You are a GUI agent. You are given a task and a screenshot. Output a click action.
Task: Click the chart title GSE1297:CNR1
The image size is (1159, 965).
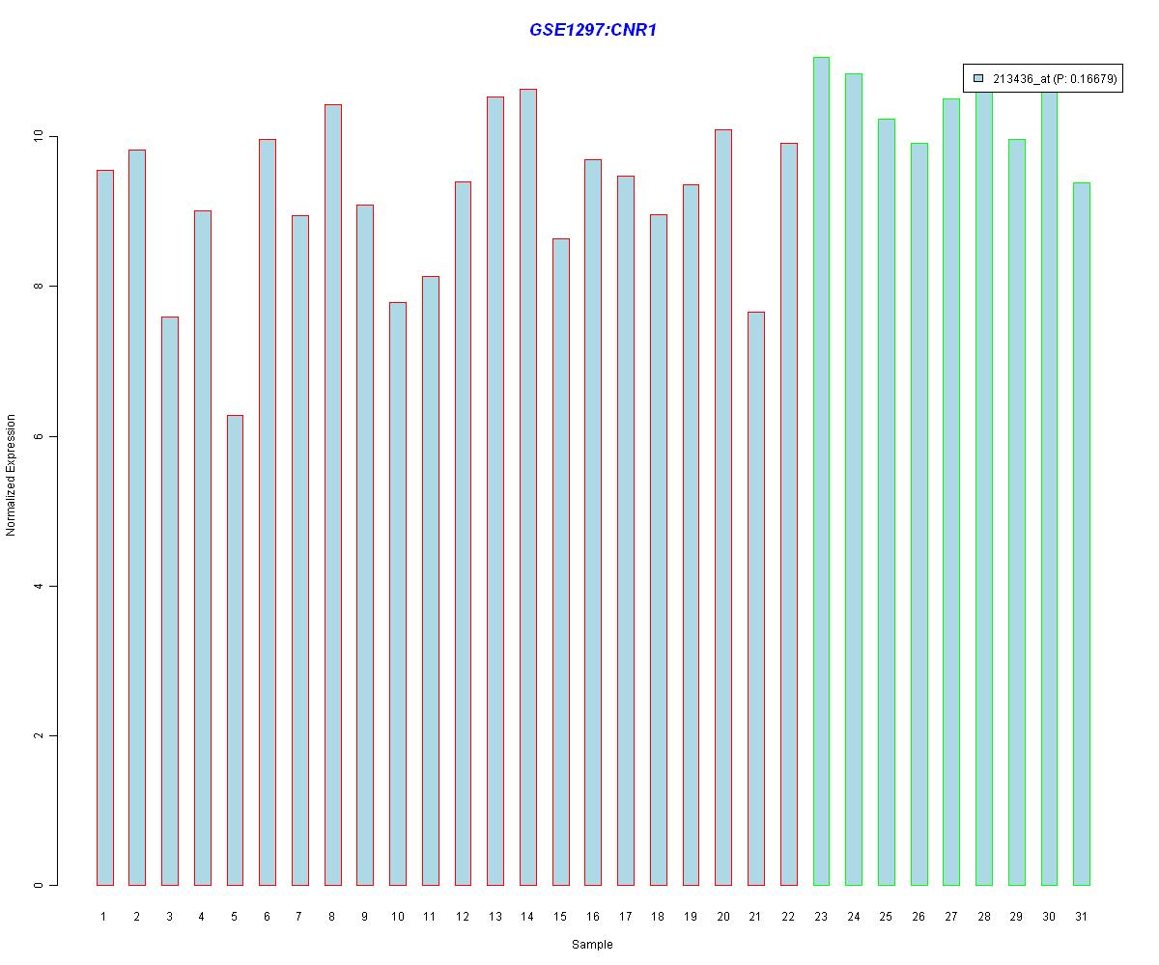[x=593, y=30]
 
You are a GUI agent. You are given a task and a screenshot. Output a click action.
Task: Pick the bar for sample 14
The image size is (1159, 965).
[x=527, y=487]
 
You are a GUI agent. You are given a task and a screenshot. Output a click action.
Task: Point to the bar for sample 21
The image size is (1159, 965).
[x=756, y=598]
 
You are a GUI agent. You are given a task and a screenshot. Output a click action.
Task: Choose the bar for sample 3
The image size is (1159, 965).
[x=169, y=600]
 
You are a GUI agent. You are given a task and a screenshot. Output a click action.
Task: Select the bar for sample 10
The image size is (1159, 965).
[x=397, y=593]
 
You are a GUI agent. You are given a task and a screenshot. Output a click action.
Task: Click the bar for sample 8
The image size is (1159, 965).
[x=332, y=494]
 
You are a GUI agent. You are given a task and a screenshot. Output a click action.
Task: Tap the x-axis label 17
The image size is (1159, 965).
[x=626, y=917]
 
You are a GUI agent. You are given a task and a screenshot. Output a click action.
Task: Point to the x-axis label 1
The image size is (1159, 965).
[x=104, y=917]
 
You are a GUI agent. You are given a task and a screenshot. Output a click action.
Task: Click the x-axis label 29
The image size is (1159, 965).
[x=1016, y=917]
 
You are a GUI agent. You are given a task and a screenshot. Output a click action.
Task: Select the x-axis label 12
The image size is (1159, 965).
[x=463, y=917]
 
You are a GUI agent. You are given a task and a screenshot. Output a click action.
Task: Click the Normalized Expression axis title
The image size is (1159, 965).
[x=12, y=475]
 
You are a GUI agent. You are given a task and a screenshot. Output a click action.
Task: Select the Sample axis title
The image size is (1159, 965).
[x=592, y=945]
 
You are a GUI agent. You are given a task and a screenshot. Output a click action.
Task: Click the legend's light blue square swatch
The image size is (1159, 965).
[x=978, y=78]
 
